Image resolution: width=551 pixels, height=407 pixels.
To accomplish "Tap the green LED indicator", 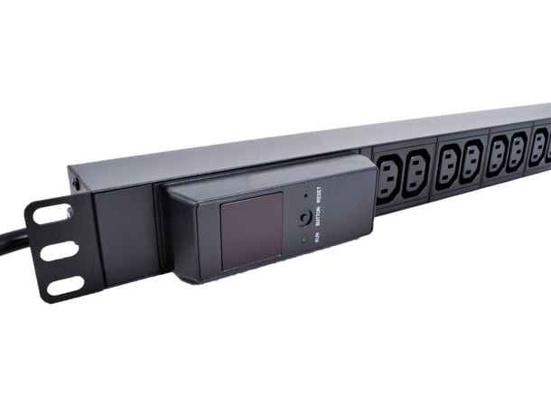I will click(307, 240).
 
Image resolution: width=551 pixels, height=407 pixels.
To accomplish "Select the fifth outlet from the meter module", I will click(499, 149).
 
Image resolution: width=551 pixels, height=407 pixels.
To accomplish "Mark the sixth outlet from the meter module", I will click(518, 145).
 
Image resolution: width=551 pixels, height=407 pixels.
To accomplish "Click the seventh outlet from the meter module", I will click(540, 141).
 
